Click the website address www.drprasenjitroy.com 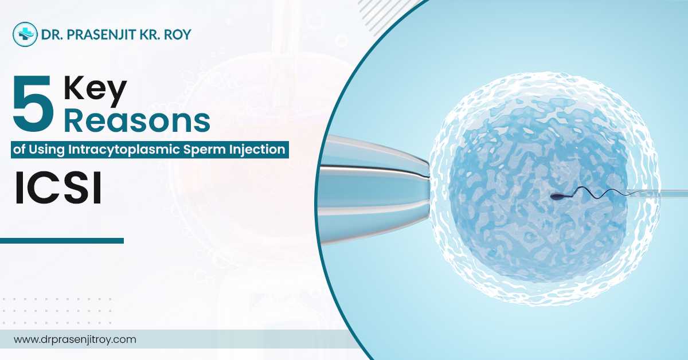pyautogui.click(x=75, y=339)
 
